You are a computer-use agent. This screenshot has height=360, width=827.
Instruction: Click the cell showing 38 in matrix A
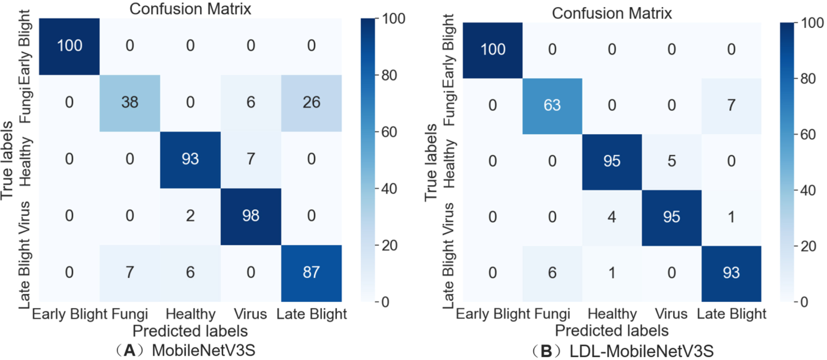(130, 103)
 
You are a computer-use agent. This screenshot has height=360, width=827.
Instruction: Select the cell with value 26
(311, 103)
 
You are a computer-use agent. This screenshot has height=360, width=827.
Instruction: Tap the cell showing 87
(311, 272)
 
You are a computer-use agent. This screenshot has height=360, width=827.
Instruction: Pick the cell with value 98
(251, 216)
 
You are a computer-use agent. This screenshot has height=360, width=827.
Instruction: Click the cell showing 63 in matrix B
(552, 105)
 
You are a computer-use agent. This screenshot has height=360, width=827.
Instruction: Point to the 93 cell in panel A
(190, 159)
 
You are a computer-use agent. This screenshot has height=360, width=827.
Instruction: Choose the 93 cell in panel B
(731, 273)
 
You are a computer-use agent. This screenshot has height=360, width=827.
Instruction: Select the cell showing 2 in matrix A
(190, 216)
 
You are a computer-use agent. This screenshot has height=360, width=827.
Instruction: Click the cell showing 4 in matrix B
(612, 217)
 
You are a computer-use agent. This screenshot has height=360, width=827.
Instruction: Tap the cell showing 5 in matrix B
(672, 161)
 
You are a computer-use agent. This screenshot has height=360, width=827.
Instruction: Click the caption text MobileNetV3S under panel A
(204, 351)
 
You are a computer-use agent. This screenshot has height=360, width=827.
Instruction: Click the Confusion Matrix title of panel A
(190, 9)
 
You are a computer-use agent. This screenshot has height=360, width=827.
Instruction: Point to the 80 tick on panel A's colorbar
(389, 75)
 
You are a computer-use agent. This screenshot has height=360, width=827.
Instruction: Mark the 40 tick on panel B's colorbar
(808, 190)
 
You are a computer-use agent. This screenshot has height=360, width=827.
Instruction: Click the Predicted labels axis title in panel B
(612, 331)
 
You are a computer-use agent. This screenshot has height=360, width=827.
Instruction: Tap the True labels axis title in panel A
(7, 160)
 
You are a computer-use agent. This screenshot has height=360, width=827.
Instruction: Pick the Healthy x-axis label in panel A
(191, 314)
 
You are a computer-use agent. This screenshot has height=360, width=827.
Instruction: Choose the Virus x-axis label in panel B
(671, 314)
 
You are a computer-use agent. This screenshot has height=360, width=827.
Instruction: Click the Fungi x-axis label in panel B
(552, 314)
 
